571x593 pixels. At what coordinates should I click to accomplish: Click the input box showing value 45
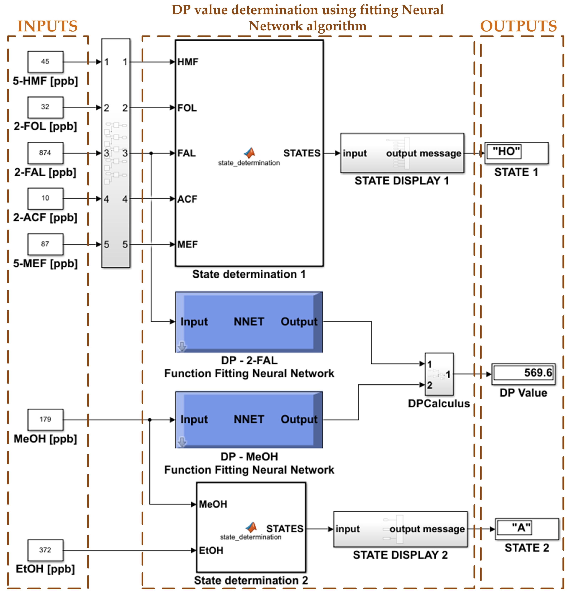click(45, 62)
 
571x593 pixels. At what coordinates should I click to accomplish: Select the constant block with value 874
click(45, 153)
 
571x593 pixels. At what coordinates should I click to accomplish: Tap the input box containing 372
click(45, 550)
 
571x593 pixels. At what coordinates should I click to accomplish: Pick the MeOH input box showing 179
click(45, 419)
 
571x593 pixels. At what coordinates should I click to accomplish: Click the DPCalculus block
click(439, 374)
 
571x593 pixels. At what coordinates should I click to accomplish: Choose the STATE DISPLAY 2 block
click(400, 529)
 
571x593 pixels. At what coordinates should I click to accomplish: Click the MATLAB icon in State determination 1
click(250, 153)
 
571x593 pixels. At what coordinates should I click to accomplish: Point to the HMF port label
click(188, 62)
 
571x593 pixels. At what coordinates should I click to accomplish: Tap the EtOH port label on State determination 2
click(211, 550)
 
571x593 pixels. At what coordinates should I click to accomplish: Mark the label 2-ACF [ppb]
click(45, 218)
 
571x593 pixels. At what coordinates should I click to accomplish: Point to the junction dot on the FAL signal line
click(151, 153)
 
